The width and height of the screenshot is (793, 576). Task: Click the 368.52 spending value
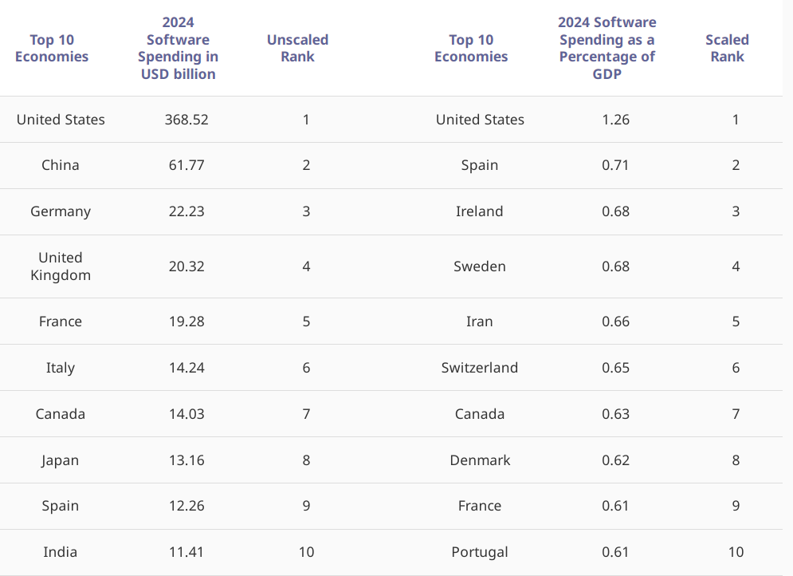pos(186,120)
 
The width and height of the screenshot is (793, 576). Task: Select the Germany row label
pos(61,211)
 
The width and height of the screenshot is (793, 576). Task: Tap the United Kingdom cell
pos(61,266)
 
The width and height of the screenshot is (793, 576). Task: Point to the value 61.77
pos(186,165)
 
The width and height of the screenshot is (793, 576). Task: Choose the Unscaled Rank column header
pos(297,48)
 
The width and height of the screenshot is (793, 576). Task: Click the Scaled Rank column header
pos(727,48)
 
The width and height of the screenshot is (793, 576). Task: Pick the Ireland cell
pos(479,211)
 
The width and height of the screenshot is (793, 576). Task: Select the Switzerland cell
pos(479,368)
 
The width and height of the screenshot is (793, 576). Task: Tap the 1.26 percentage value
pos(615,120)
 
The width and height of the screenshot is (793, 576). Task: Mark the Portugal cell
pos(479,552)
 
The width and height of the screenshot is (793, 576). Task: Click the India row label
pos(61,552)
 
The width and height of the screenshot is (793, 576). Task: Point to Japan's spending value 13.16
pos(186,460)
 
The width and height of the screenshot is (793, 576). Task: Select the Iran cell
pos(479,322)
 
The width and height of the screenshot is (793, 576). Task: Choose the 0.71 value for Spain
pos(615,165)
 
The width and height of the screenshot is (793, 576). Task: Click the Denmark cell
pos(479,460)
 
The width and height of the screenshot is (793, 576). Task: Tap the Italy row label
pos(61,368)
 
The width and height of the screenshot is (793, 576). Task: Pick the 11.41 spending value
pos(186,552)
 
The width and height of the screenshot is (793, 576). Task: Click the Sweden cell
pos(479,266)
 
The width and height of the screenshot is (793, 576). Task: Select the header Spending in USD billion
pos(178,48)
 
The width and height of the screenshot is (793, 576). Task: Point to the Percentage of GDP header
pos(607,48)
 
